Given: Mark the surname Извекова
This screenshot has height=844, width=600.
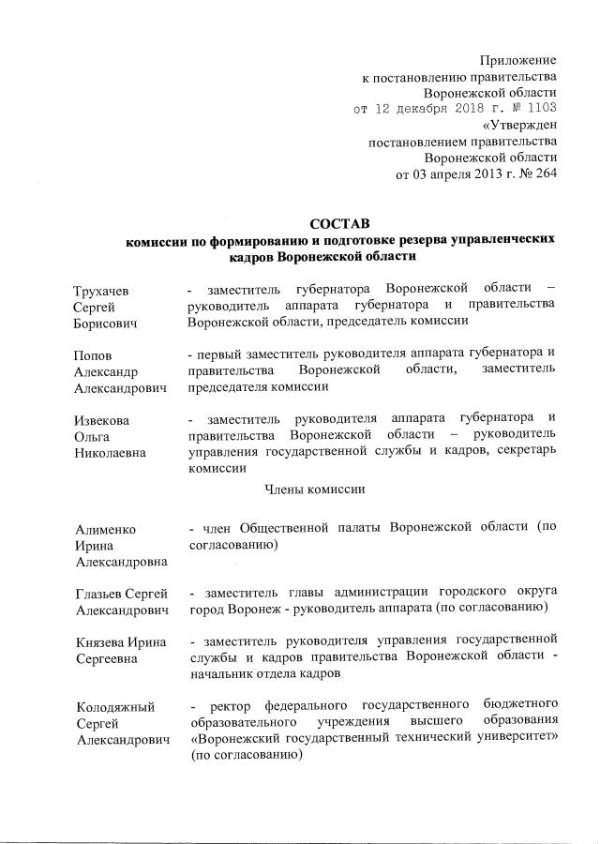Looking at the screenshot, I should click(x=104, y=421).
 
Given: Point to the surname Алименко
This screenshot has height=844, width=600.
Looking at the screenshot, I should click(x=105, y=529).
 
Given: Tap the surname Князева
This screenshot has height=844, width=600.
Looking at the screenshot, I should click(x=98, y=643).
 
